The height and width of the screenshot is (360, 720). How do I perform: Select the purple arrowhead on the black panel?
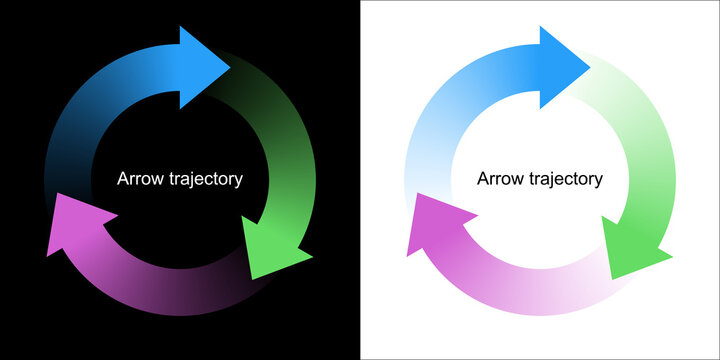pos(75,224)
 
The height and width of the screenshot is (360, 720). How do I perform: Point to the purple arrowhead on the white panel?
pos(435,224)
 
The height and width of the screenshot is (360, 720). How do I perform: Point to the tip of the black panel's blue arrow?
pos(231,67)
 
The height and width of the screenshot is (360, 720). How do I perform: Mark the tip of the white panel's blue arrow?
pos(591,67)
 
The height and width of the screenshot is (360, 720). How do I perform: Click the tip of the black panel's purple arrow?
pos(47,254)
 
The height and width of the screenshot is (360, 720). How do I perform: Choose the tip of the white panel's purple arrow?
pos(407,254)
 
